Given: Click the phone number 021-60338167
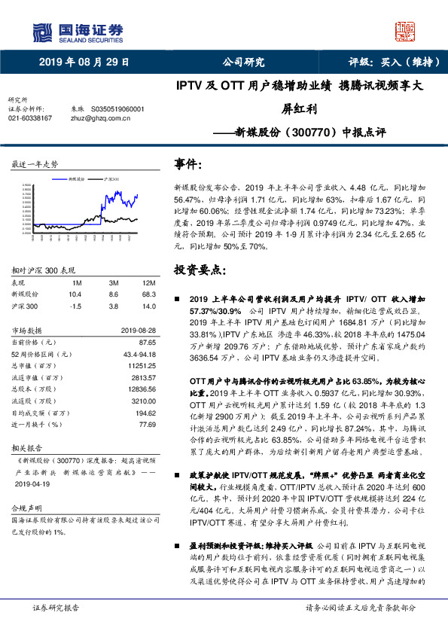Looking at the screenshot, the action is [x=30, y=118].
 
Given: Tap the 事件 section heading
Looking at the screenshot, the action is [x=189, y=164].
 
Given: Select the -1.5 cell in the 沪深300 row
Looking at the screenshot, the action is [x=75, y=306].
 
